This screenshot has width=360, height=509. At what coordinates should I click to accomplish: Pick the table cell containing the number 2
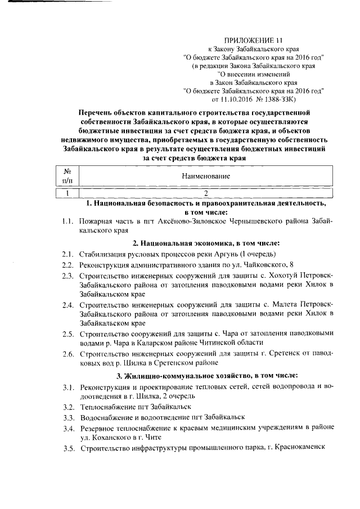pyautogui.click(x=206, y=193)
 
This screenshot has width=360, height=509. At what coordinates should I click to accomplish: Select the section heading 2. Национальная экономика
pyautogui.click(x=206, y=244)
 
